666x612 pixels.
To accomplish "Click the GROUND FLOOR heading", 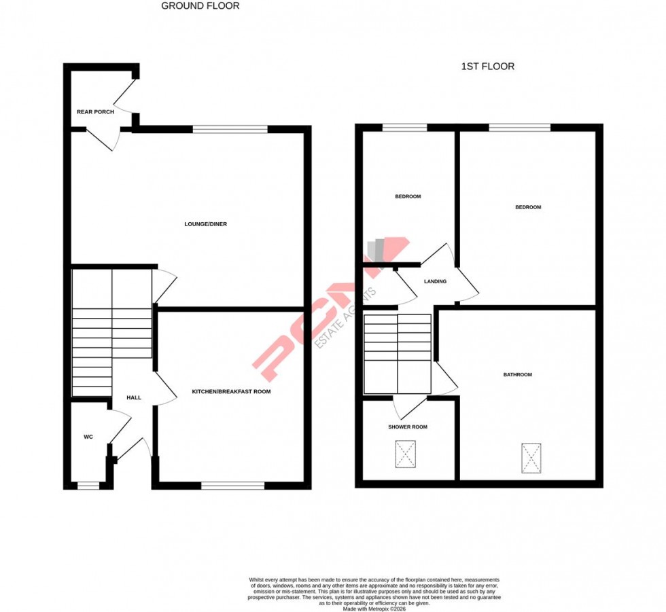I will coord(200,6).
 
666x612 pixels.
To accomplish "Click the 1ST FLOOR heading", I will coord(487,67).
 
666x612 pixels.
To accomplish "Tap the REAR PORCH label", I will coord(95,112).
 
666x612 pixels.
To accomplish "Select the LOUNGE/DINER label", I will coord(205,224).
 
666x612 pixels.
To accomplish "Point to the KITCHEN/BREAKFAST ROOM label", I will coord(231,392).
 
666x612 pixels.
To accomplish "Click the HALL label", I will coord(134,397).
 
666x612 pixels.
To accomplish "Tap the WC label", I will coord(88,437).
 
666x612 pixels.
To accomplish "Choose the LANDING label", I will coord(435,281).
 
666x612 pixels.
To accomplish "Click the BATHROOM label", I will coord(517,375).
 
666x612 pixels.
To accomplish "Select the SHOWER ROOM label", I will coord(408,427).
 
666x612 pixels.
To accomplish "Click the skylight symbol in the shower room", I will coord(405,454).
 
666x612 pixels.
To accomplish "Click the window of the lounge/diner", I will coord(230,128).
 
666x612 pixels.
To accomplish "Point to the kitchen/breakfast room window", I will coord(232,485).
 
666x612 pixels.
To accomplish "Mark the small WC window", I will coord(88,485).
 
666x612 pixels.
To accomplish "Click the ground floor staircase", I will coord(111,333).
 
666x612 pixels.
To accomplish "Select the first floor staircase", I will coord(398,353).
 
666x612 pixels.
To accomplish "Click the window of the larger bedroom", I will coord(519,127).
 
